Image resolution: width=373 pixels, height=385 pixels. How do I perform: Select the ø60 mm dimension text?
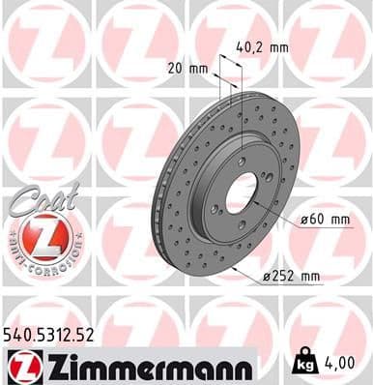coord(325,221)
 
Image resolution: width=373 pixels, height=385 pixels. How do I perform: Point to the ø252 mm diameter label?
coord(292,278)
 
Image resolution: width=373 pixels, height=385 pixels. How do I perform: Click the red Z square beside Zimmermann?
coord(20,367)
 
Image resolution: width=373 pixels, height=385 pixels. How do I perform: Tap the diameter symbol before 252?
coord(267,279)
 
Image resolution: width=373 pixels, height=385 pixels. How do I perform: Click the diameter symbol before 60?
coord(305,221)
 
